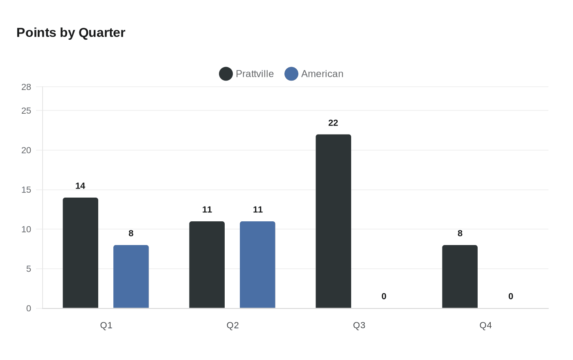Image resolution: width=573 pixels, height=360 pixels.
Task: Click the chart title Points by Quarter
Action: pos(71,33)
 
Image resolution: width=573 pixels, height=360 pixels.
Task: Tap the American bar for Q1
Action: pos(131,277)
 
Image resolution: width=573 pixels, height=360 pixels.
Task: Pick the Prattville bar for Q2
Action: pos(207,265)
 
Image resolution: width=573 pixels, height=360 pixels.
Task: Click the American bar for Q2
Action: pos(257,265)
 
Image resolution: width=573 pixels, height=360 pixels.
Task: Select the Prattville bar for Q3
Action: pos(333,221)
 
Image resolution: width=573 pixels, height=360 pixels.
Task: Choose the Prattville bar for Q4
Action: pos(460,277)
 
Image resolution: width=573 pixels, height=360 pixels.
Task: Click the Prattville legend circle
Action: pos(226,74)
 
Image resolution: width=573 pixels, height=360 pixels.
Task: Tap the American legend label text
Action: pos(322,74)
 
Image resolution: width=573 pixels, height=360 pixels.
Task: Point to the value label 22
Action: pos(333,123)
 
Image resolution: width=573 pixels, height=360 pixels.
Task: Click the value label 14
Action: pos(80,186)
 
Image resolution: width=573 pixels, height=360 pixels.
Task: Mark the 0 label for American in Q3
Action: pos(384,297)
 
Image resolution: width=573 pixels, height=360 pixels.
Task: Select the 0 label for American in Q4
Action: pos(511,297)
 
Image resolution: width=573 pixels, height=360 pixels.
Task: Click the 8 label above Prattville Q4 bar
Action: pos(460,234)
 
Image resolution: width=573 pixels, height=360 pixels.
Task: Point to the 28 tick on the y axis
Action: pos(26,87)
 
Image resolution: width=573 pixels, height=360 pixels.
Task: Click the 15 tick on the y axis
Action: pos(26,190)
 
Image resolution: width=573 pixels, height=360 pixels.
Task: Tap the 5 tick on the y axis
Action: pos(29,269)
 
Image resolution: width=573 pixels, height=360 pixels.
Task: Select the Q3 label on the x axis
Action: pos(359,326)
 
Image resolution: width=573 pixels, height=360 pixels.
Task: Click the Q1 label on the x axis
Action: pos(106,326)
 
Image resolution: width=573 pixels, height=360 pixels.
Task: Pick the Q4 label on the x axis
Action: pos(485,326)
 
